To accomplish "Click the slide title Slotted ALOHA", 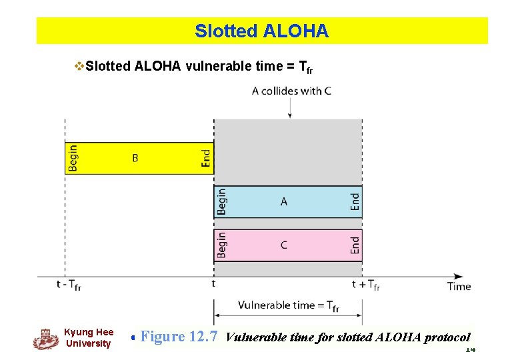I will coord(261,31).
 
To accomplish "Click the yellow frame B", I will coord(139,158).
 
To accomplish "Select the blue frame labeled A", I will coord(288,201).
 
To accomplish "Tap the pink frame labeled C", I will coord(288,245).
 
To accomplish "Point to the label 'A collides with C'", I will coord(291,91).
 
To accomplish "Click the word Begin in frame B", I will coord(73,158).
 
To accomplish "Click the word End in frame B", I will coord(206,158).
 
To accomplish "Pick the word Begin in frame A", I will coord(222,201).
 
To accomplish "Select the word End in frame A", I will coord(355,201).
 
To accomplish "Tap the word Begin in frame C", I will coord(222,245).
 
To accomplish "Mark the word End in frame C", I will coord(355,245).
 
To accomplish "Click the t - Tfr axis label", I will coord(69,285).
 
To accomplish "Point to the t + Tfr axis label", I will coord(366,285).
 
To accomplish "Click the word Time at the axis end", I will coord(459,286).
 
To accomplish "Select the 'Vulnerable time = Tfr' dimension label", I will coord(288,305).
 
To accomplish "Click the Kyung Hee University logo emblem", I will coord(45,339).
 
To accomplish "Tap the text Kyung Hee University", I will coord(89,338).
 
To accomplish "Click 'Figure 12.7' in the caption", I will coord(179,337).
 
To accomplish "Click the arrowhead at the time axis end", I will coord(459,276).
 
